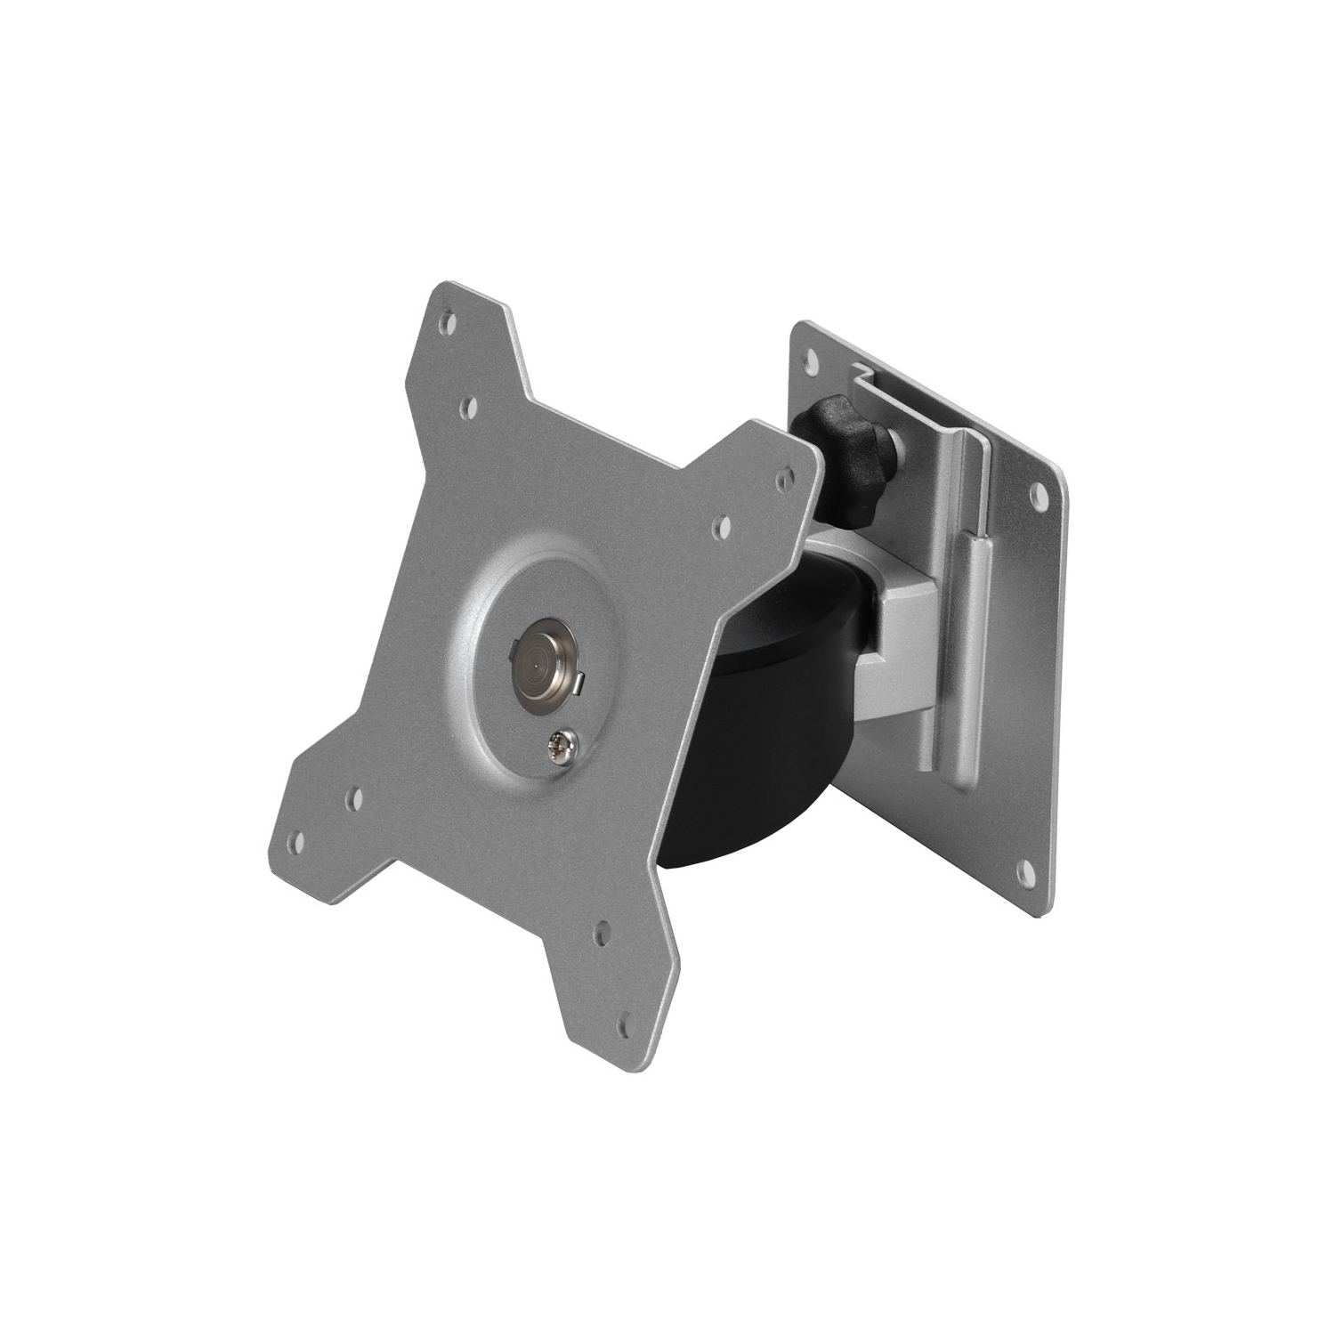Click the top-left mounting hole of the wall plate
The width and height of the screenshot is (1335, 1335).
[811, 360]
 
